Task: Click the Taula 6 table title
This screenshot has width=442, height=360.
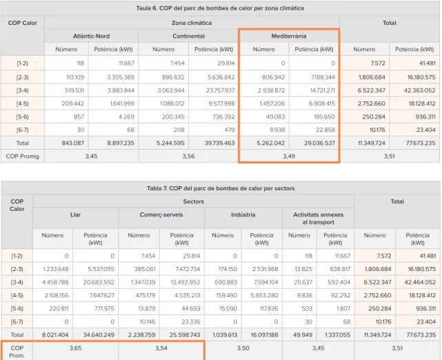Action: pos(220,8)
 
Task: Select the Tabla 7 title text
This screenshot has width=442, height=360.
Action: pos(221,188)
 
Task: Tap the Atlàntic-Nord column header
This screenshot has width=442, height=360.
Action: pos(91,36)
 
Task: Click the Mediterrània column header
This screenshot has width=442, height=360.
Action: pos(289,36)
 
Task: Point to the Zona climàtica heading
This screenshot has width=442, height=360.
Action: pos(192,23)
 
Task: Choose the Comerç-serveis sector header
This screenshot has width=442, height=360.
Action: pos(161,214)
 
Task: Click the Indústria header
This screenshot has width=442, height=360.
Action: pos(243,214)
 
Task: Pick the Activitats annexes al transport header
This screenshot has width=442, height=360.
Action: pos(319,218)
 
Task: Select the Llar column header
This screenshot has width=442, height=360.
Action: pos(75,214)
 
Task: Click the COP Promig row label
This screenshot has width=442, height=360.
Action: pos(23,156)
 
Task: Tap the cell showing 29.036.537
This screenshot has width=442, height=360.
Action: pos(320,143)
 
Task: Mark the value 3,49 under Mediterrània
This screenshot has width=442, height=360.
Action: pos(289,156)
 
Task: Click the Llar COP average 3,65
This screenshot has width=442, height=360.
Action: pos(75,348)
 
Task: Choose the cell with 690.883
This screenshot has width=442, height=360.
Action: pos(225,282)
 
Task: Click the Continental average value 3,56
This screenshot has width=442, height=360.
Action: pos(188,156)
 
